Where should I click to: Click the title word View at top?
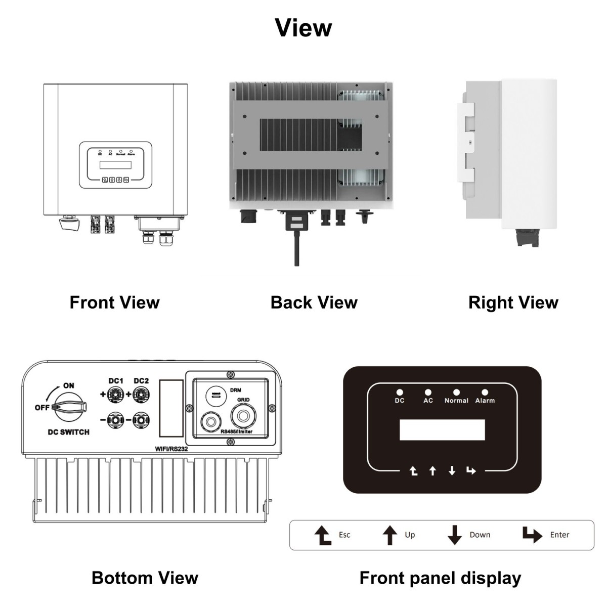click(x=303, y=27)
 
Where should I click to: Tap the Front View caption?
click(x=114, y=302)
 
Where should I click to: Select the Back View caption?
click(x=314, y=302)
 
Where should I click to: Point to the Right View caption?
click(x=513, y=302)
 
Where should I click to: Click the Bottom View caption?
click(x=145, y=578)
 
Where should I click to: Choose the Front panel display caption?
click(x=440, y=578)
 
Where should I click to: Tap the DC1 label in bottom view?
click(x=116, y=381)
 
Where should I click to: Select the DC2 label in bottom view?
click(x=141, y=381)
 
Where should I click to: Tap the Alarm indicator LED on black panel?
click(x=485, y=392)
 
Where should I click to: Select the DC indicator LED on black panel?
click(x=400, y=392)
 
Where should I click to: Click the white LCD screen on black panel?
click(x=442, y=430)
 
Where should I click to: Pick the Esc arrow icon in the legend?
click(x=323, y=535)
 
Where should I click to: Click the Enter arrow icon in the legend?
click(x=532, y=535)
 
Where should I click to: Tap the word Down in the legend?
click(x=480, y=535)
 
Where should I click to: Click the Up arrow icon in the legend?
click(x=389, y=535)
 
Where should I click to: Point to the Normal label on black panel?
click(x=456, y=401)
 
